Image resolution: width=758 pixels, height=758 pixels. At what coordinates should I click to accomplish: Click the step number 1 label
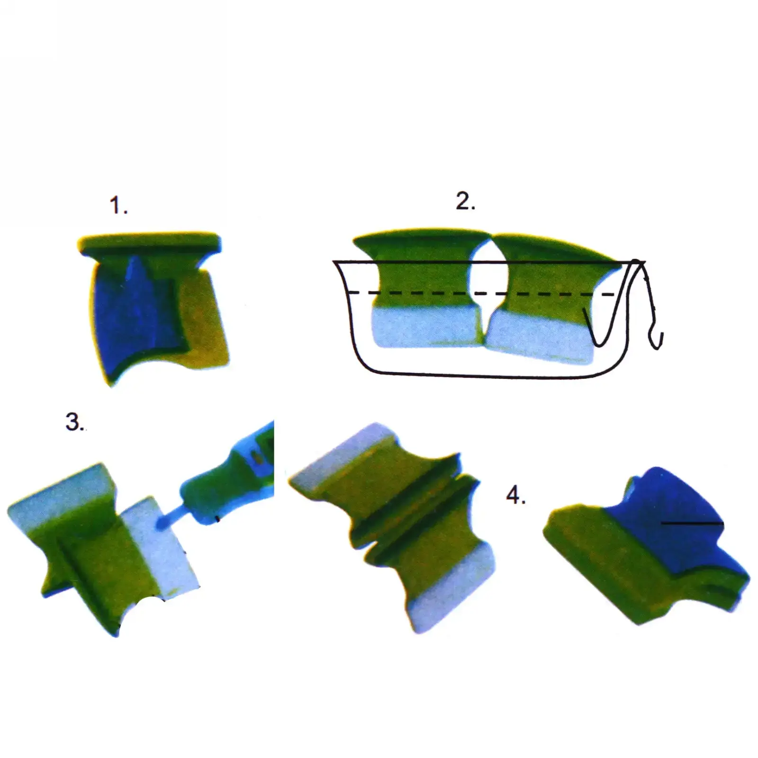(x=118, y=206)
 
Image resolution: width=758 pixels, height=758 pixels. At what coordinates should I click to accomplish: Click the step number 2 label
(x=465, y=201)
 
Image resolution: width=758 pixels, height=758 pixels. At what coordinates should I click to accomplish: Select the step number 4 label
(x=516, y=496)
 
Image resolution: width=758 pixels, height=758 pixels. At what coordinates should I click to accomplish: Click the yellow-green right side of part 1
(x=204, y=317)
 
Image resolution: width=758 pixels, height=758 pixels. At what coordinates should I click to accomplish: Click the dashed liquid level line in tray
(x=481, y=294)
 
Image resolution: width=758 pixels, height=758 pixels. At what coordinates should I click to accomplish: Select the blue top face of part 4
(x=668, y=516)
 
